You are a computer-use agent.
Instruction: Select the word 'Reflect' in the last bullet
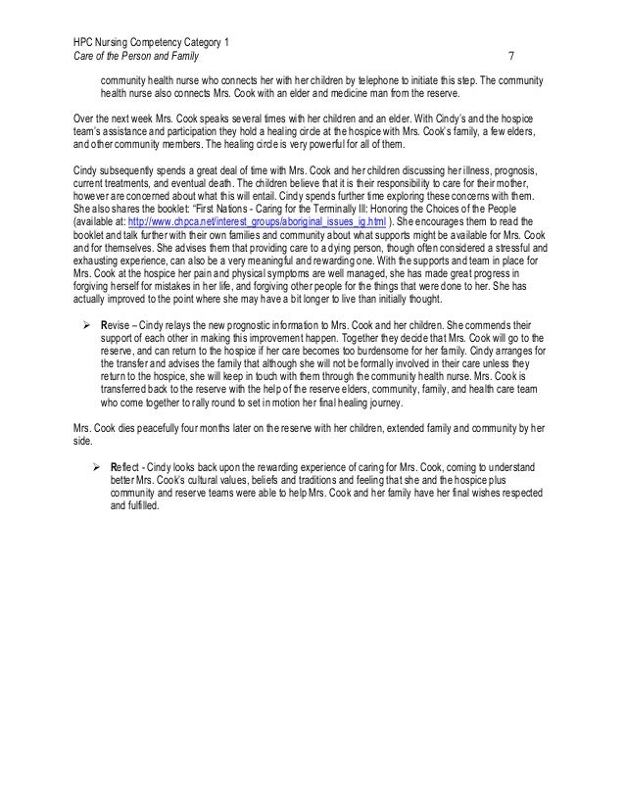(x=127, y=467)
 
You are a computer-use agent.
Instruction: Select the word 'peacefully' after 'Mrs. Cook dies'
(x=162, y=427)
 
